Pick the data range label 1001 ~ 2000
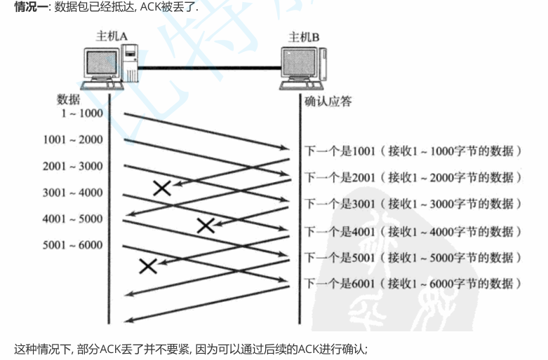(72, 139)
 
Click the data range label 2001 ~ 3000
(72, 166)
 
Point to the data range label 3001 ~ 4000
(72, 193)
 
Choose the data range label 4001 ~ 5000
(72, 219)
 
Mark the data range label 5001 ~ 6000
(72, 246)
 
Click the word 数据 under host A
(68, 99)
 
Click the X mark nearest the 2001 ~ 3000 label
(162, 187)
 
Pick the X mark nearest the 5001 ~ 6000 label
(147, 265)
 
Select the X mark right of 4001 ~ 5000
(205, 226)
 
